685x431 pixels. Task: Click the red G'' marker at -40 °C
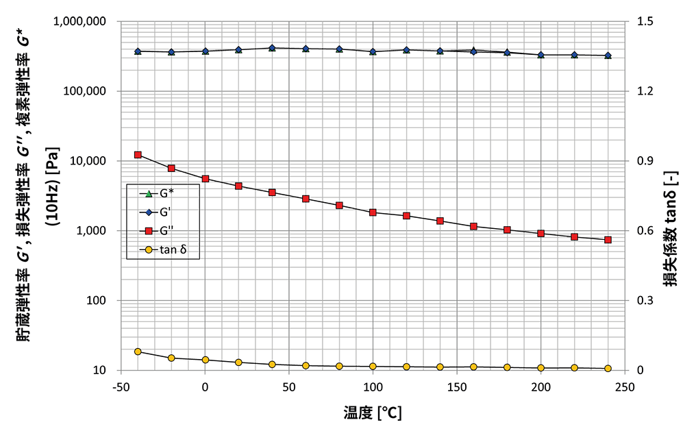point(138,155)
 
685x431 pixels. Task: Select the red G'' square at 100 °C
point(373,212)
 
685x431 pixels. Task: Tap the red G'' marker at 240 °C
point(608,240)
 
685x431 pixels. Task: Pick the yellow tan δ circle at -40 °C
point(138,352)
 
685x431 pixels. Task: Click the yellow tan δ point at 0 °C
point(205,360)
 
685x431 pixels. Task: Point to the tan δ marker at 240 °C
point(608,369)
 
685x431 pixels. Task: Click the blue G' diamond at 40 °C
point(272,48)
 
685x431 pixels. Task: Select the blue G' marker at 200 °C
point(541,55)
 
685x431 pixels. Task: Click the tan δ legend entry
point(163,249)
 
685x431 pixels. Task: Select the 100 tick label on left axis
point(97,301)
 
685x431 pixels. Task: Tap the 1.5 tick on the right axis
point(645,21)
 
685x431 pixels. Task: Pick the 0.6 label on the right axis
point(645,231)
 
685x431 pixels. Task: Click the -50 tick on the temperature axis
point(121,387)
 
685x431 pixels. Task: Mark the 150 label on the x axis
point(457,387)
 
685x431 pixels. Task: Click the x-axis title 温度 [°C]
point(373,412)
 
